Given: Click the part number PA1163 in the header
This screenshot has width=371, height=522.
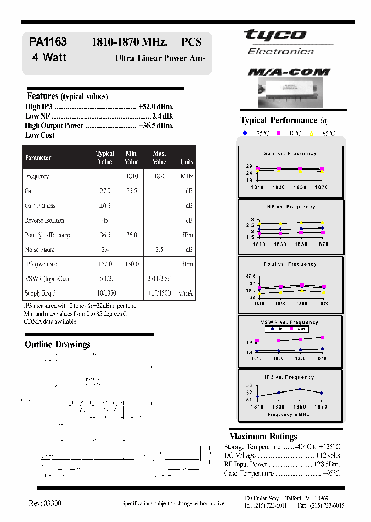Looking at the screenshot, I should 48,42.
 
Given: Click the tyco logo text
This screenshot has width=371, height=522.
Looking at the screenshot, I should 275,36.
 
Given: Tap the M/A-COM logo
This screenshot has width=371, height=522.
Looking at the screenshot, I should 289,72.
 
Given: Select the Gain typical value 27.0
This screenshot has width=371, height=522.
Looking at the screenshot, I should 105,191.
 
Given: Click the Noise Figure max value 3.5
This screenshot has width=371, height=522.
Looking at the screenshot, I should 159,250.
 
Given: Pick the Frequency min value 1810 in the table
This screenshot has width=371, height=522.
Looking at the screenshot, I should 131,176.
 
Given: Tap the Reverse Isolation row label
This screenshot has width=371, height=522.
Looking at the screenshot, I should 45,221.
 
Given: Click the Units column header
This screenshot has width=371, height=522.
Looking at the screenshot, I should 187,162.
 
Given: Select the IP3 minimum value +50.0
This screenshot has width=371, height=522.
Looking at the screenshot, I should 131,264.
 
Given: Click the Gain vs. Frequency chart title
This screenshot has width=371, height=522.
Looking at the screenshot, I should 290,154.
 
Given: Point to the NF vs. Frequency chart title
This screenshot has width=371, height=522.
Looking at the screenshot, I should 291,207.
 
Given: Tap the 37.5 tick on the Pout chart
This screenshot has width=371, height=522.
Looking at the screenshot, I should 250,276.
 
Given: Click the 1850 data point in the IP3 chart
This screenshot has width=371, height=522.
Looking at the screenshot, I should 300,389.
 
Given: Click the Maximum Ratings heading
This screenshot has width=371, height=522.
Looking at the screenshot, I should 263,436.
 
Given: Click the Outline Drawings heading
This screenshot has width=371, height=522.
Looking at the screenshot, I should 57,345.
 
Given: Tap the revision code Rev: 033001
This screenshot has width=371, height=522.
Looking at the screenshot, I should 47,503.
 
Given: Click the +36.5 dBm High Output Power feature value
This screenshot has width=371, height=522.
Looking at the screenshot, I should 156,125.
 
